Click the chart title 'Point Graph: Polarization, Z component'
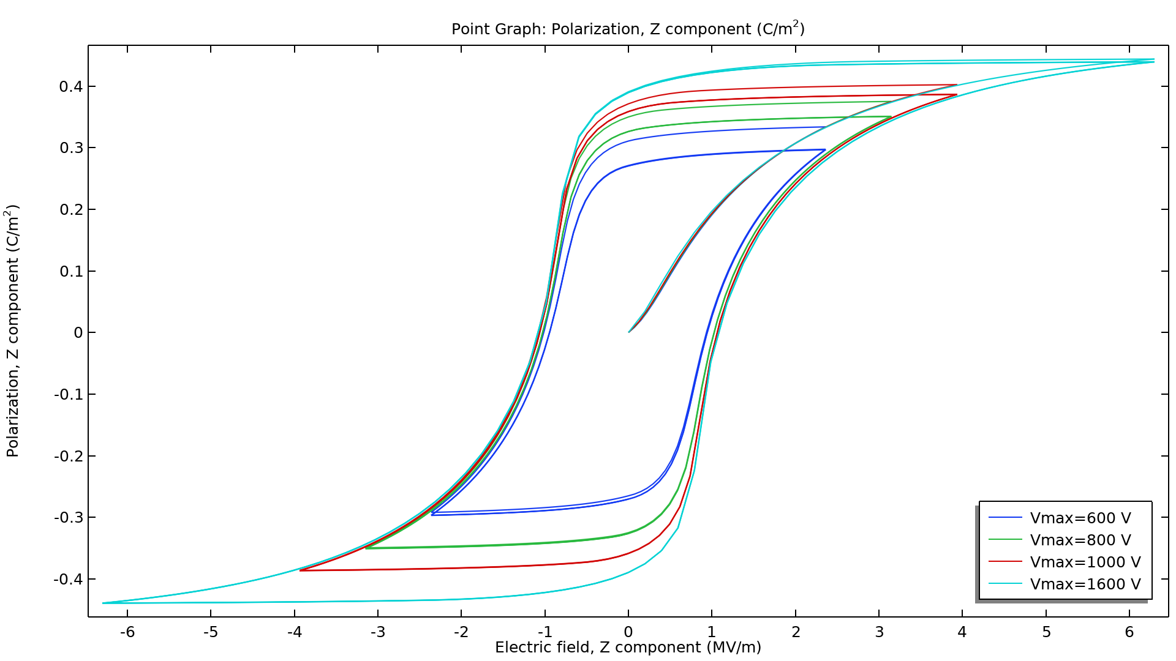[628, 29]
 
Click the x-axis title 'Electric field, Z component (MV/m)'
[628, 648]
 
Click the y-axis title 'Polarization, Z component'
[13, 330]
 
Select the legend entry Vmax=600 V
[1080, 518]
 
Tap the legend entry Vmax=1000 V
[1085, 562]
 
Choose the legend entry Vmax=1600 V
[1085, 584]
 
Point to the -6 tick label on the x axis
[127, 632]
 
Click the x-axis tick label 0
[628, 632]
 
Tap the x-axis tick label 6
[1129, 632]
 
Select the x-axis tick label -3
[377, 632]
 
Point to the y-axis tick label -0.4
[68, 580]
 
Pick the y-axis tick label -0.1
[68, 395]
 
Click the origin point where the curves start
[629, 332]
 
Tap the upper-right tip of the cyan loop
[1154, 61]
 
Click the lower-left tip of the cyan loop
[103, 603]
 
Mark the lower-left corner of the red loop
[300, 570]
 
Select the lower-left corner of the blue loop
[432, 514]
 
